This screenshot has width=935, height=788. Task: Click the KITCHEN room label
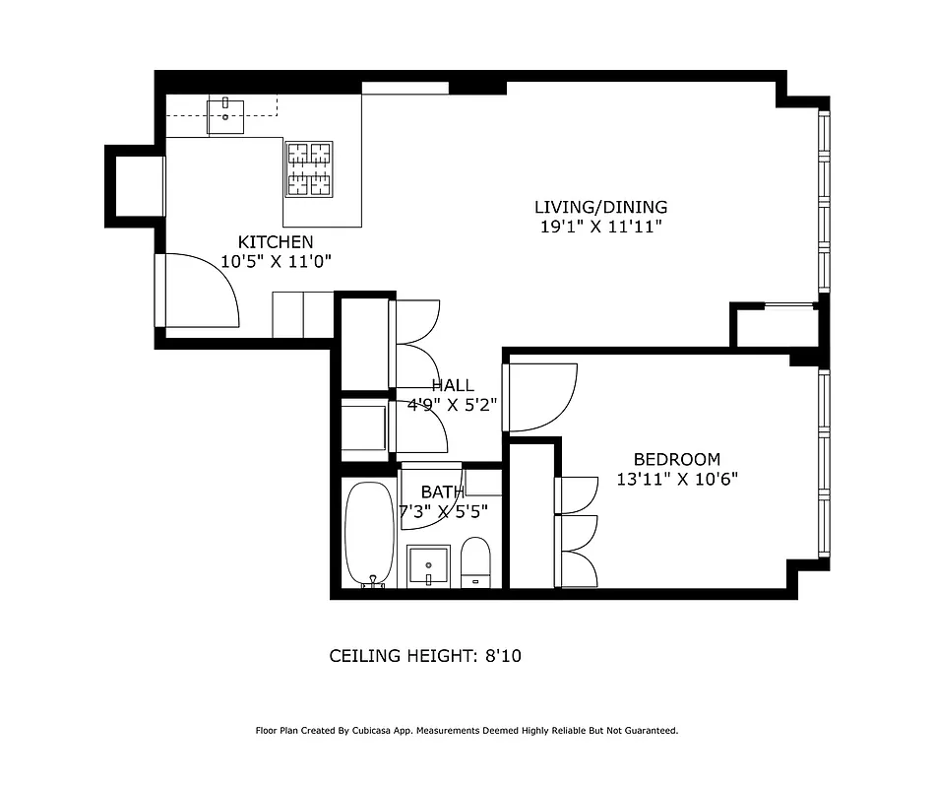pyautogui.click(x=276, y=242)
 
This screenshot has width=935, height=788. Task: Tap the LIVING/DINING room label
pyautogui.click(x=600, y=207)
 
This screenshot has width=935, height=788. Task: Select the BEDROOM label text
pyautogui.click(x=676, y=459)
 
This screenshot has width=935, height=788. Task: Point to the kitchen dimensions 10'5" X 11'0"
pyautogui.click(x=276, y=262)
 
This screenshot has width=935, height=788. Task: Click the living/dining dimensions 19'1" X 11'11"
pyautogui.click(x=600, y=227)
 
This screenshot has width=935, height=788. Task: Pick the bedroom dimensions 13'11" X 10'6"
pyautogui.click(x=676, y=480)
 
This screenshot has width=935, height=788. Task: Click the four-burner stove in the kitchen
pyautogui.click(x=309, y=168)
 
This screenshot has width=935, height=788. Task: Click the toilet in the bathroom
pyautogui.click(x=475, y=562)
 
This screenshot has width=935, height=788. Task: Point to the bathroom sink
pyautogui.click(x=428, y=565)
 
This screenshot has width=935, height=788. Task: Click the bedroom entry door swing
pyautogui.click(x=541, y=397)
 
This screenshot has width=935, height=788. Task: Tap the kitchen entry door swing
pyautogui.click(x=202, y=290)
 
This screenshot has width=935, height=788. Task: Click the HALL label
pyautogui.click(x=452, y=386)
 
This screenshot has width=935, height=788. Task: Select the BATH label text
pyautogui.click(x=442, y=492)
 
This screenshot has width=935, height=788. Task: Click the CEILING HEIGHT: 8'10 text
pyautogui.click(x=424, y=655)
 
